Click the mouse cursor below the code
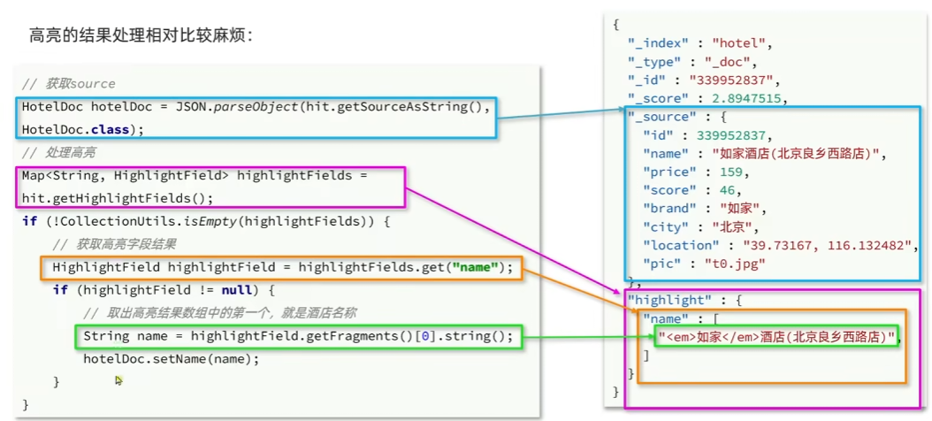tap(118, 379)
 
